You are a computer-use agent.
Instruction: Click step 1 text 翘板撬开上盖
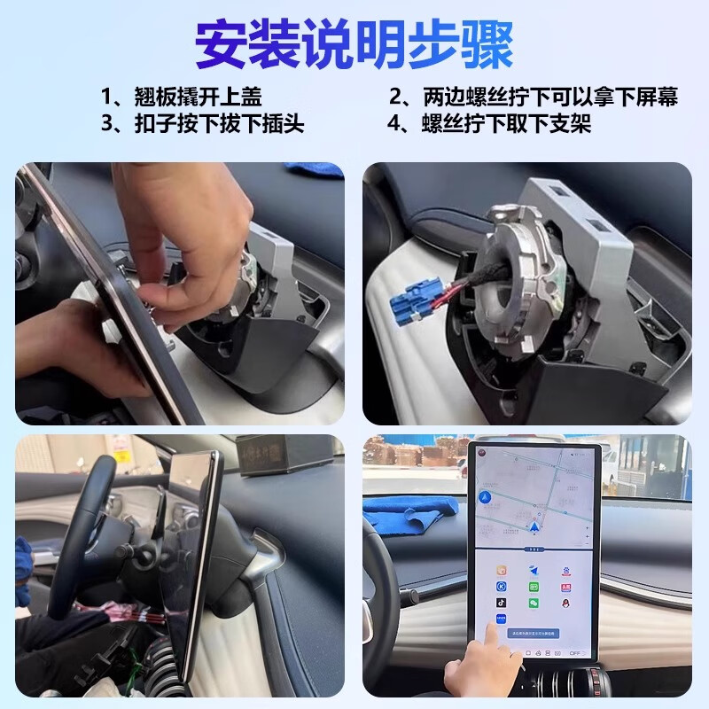(182, 97)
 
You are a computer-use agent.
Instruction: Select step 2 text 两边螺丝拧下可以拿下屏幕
(533, 97)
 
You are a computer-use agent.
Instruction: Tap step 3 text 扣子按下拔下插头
(203, 124)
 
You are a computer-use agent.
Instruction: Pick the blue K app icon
(502, 586)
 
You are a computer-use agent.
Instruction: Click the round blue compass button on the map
(483, 498)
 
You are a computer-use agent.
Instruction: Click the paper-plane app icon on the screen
(534, 570)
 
